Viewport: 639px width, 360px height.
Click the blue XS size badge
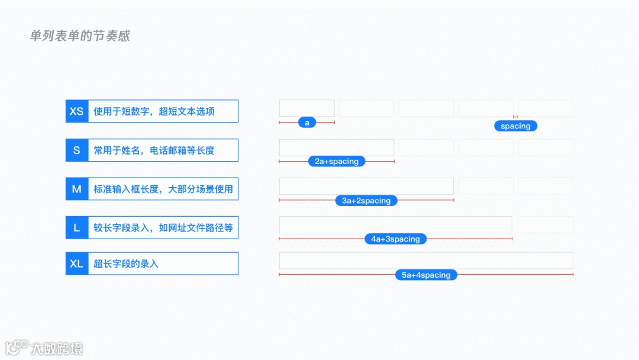76,111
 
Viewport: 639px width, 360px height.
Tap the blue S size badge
76,150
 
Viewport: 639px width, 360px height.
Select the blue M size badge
76,189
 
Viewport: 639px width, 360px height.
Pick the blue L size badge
76,228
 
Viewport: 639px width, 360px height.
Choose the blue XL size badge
76,263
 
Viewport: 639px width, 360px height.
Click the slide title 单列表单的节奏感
79,36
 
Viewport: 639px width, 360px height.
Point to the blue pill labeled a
307,123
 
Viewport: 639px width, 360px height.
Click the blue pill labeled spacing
515,126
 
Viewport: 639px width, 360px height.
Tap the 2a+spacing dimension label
337,161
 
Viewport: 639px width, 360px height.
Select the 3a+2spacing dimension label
366,201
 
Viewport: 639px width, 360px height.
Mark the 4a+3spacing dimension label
395,239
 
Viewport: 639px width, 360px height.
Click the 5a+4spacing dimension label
426,275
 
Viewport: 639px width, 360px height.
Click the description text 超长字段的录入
126,263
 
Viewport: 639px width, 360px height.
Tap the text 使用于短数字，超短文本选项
154,111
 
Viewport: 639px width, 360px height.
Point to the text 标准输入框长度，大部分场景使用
163,189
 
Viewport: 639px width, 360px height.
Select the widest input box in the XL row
426,261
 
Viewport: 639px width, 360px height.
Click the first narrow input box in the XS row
307,108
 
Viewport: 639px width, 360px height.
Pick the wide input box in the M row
366,186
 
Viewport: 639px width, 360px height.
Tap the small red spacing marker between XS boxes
516,117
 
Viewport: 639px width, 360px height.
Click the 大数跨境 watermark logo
44,348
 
